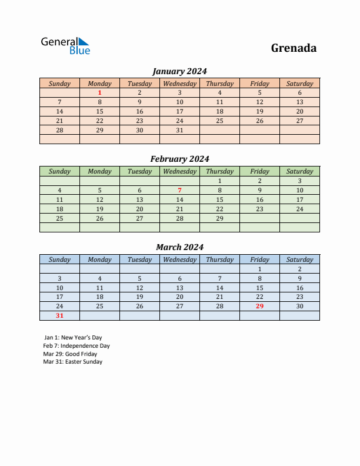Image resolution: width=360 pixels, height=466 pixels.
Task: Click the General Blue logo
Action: tap(65, 46)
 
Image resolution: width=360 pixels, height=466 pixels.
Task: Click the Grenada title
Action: tap(294, 48)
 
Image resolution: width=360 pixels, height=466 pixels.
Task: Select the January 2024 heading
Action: tap(179, 71)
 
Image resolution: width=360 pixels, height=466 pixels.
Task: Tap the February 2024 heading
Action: tap(179, 159)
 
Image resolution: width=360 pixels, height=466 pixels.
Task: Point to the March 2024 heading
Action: tap(179, 247)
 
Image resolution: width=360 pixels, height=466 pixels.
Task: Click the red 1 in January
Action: tap(99, 92)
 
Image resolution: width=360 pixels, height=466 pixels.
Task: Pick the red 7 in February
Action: tap(179, 190)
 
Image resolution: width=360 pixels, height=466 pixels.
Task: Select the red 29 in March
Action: tap(259, 306)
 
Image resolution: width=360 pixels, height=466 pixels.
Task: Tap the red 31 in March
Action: tap(59, 315)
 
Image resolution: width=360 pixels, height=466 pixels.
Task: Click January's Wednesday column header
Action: tap(179, 84)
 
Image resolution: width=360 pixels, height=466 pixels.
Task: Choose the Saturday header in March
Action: tap(299, 259)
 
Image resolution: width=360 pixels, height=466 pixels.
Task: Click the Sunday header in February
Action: tap(59, 171)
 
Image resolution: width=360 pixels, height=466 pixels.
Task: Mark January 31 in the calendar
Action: tap(179, 130)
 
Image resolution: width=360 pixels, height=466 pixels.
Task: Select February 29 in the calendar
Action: tap(219, 218)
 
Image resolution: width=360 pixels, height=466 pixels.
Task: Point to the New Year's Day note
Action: tap(73, 338)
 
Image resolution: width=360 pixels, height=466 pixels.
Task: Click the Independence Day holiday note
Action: tap(76, 346)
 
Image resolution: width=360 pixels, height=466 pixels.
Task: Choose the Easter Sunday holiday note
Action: tap(73, 362)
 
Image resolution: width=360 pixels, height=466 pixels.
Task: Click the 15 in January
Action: tap(99, 111)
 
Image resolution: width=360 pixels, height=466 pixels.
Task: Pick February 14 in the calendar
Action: tap(179, 199)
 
